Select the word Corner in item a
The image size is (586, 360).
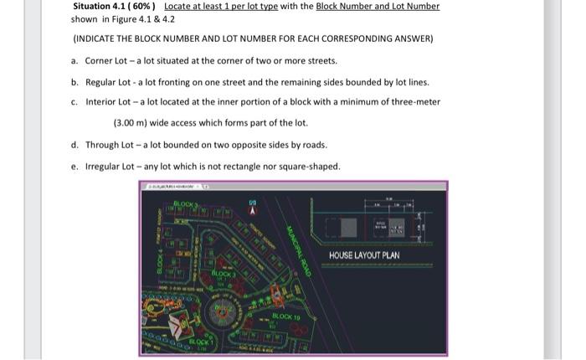(99, 61)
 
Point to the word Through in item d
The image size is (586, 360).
(103, 145)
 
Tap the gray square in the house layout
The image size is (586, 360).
(347, 229)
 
